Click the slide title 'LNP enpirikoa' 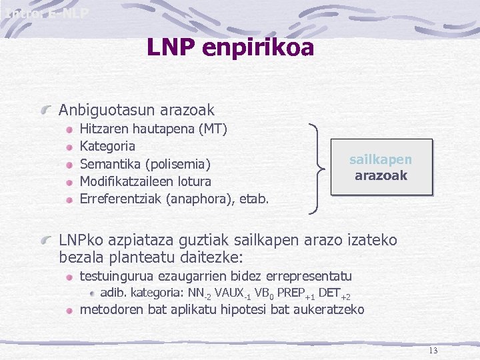point(230,46)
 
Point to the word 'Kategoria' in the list point(107,146)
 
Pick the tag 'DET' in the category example point(329,292)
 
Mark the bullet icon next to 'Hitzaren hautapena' point(69,129)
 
